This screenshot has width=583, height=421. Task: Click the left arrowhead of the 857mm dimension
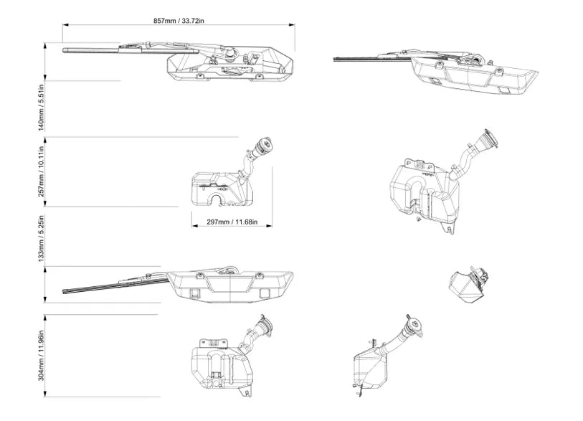point(64,27)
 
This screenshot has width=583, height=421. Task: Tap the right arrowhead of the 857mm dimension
point(293,27)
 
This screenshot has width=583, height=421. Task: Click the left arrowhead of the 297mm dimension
point(193,228)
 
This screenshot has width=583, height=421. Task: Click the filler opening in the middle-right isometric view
point(490,138)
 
